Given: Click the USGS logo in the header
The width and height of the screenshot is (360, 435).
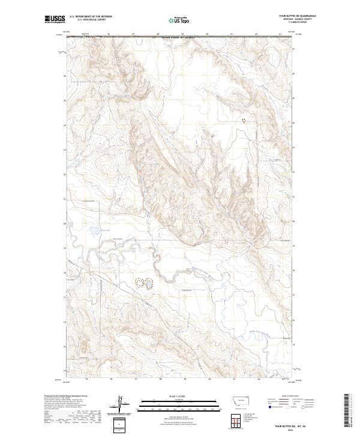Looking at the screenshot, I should (54, 19).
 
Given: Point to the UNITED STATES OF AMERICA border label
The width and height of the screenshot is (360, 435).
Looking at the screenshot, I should (178, 37).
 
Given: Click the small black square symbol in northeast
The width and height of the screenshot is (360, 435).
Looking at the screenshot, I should (244, 121).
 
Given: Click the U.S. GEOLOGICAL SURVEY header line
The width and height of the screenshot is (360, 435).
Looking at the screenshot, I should (91, 20).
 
